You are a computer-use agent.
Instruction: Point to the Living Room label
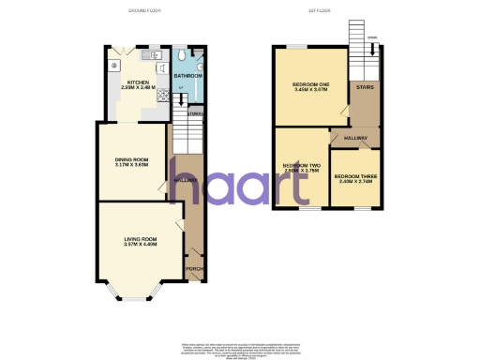[x=140, y=240]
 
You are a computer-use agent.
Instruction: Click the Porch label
[x=194, y=270]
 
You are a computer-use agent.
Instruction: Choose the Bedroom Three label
[x=357, y=176]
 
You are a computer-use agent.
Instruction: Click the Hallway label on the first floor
[x=356, y=139]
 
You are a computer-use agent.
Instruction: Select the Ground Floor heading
[x=145, y=10]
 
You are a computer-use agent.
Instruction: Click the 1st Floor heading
[x=321, y=10]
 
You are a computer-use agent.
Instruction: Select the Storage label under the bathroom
[x=195, y=114]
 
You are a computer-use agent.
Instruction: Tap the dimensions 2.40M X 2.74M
[x=357, y=182]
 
